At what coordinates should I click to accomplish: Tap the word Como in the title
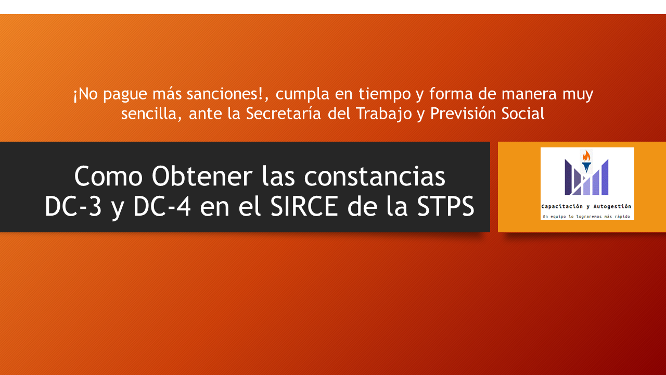(108, 176)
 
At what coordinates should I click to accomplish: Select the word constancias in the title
(375, 176)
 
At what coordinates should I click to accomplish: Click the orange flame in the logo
(586, 156)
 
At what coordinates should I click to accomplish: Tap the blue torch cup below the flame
(586, 167)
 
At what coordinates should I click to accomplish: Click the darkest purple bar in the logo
(568, 178)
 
